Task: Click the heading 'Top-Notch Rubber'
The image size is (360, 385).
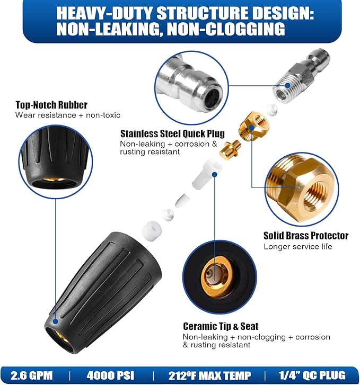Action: [x=51, y=105]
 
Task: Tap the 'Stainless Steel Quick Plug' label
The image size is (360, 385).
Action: [x=172, y=133]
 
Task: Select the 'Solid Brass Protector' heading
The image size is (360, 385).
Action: [x=306, y=236]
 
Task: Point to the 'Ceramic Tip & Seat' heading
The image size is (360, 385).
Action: [x=221, y=326]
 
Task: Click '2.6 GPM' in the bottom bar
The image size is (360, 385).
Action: [x=32, y=375]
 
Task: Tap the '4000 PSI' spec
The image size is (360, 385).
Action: [x=110, y=375]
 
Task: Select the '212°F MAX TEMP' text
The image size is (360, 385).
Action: [x=209, y=375]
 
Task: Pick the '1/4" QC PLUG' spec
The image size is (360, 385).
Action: [x=312, y=375]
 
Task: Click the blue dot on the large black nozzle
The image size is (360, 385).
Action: [x=56, y=321]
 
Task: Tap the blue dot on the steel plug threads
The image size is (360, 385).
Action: [x=288, y=85]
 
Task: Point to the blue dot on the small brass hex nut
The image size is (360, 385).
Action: [x=251, y=128]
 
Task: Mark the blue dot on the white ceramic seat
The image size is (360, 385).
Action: [x=214, y=174]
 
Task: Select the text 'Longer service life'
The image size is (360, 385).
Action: [x=298, y=247]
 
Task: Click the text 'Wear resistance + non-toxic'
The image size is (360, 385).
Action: [x=68, y=115]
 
